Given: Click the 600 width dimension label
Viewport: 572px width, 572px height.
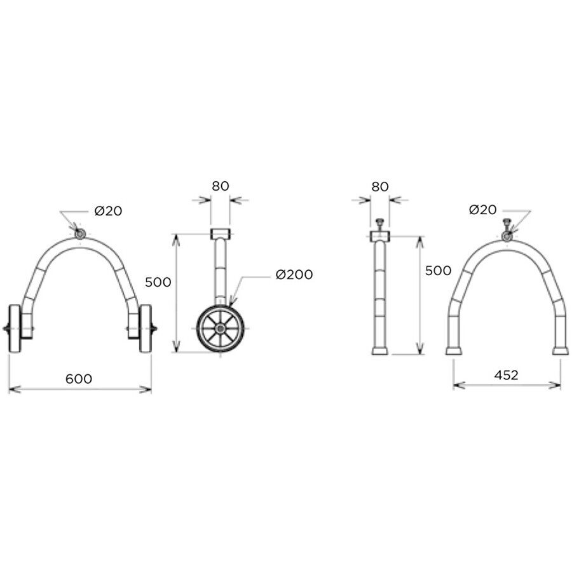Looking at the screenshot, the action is tap(79, 379).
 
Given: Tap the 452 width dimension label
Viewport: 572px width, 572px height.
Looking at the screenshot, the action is tap(506, 375).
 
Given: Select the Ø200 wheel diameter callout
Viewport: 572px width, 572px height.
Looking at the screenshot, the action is tap(294, 275).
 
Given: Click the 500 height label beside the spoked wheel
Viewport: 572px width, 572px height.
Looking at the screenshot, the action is tap(158, 282).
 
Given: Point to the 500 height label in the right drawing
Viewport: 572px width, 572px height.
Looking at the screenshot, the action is tap(438, 270).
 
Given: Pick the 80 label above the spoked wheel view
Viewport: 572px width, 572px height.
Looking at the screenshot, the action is tap(221, 186).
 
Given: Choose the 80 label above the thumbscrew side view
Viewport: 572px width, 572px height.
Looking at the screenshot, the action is tap(380, 187).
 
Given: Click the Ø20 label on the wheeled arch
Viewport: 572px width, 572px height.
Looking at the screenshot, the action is tap(108, 211).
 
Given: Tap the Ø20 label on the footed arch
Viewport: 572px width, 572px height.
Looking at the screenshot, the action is tap(482, 210).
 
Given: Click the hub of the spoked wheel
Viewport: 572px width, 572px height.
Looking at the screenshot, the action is tap(220, 329).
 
